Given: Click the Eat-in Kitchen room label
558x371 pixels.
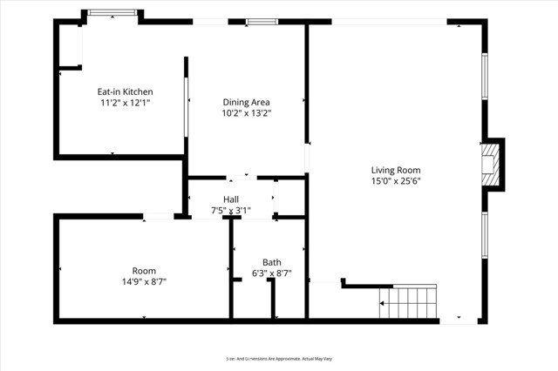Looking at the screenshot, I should [125, 91].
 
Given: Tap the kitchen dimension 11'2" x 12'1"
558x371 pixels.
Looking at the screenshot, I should [125, 103].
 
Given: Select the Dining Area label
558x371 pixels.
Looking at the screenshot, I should [245, 102].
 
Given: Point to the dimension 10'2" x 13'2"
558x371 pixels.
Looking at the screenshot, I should [245, 113].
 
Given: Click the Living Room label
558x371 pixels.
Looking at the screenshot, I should [396, 170].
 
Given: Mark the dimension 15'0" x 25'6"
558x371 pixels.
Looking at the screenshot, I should [396, 181].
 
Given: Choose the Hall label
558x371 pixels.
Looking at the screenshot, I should [231, 199].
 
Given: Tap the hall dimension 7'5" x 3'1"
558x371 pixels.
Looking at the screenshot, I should [231, 210].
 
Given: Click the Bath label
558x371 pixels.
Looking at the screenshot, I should [271, 262].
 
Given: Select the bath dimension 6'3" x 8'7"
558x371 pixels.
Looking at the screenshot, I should [271, 273].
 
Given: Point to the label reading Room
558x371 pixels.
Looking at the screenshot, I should [144, 270].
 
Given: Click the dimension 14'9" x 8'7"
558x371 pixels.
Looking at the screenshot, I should [144, 281].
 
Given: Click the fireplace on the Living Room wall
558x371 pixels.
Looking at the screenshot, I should [493, 165].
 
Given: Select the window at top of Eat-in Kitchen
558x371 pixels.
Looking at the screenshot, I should [112, 13].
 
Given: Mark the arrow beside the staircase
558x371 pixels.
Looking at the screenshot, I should [381, 304].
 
